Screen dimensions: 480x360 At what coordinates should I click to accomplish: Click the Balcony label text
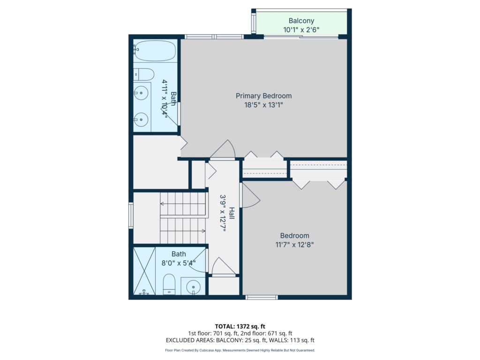(x=301, y=21)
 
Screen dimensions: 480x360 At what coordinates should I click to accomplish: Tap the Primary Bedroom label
(x=263, y=96)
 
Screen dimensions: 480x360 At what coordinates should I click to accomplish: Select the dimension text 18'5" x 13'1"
(x=263, y=105)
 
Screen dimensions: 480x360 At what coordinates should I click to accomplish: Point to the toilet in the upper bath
(x=144, y=74)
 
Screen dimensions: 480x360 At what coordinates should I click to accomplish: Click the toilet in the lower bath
(x=169, y=284)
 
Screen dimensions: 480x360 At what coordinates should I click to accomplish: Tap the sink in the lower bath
(x=193, y=286)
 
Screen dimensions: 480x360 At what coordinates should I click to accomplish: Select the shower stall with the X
(x=144, y=271)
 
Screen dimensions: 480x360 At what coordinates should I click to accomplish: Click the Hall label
(x=232, y=213)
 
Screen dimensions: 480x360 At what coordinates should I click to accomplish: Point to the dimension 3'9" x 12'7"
(x=223, y=213)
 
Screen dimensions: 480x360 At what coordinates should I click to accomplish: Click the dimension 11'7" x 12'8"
(x=294, y=245)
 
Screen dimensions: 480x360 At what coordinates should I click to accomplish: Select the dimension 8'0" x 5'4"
(x=179, y=263)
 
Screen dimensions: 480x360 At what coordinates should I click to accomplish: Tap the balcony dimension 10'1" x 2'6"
(x=301, y=30)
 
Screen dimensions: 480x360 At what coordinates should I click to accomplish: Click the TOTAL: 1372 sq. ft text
(x=240, y=326)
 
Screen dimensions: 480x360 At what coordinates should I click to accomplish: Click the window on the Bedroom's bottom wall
(x=262, y=297)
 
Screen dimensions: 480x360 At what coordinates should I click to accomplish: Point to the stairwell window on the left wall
(x=131, y=216)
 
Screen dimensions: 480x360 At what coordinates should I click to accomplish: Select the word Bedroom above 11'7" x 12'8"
(x=294, y=236)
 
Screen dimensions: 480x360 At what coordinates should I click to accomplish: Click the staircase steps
(x=183, y=217)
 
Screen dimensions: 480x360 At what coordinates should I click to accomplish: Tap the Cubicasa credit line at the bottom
(x=240, y=350)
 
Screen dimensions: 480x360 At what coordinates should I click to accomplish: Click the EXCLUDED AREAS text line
(x=240, y=340)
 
